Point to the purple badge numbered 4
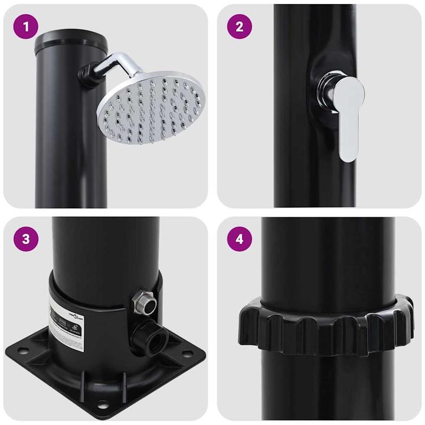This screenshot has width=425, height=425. pyautogui.click(x=239, y=239)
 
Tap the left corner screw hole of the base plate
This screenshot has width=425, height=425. pyautogui.click(x=24, y=354)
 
